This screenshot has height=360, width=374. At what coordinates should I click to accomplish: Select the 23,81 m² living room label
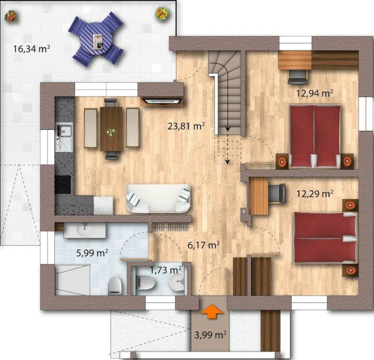[187, 126]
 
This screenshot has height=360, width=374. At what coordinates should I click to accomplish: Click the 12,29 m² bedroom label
[315, 193]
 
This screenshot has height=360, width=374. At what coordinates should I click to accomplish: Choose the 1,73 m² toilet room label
[165, 271]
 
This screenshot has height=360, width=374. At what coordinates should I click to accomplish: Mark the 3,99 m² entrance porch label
[210, 334]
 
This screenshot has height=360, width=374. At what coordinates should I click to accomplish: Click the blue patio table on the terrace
[96, 40]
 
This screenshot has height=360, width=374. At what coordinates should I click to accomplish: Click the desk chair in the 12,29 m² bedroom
[277, 192]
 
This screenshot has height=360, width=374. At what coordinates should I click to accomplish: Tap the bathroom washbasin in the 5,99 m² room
[86, 229]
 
